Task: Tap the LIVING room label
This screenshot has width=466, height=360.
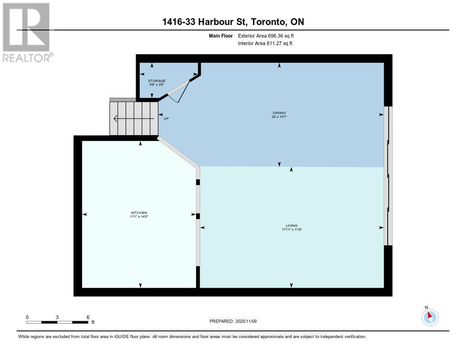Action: [292, 225]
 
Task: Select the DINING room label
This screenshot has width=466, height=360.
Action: [279, 112]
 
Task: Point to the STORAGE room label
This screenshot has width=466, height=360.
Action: [157, 81]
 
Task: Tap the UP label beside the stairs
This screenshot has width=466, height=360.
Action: [166, 119]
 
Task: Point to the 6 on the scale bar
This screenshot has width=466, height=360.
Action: [88, 317]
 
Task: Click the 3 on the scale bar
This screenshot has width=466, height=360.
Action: [57, 317]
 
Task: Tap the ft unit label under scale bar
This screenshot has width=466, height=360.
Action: [93, 322]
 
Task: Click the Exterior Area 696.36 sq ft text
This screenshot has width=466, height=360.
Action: [269, 35]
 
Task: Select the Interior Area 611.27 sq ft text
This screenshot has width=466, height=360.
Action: [265, 43]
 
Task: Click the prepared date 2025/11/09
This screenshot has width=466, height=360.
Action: [248, 321]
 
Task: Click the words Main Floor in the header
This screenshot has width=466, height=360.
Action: [220, 35]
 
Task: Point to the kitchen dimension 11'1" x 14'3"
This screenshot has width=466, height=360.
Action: [139, 217]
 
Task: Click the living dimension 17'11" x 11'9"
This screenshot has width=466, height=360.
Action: [292, 229]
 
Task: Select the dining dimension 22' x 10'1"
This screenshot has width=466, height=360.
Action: [279, 117]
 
